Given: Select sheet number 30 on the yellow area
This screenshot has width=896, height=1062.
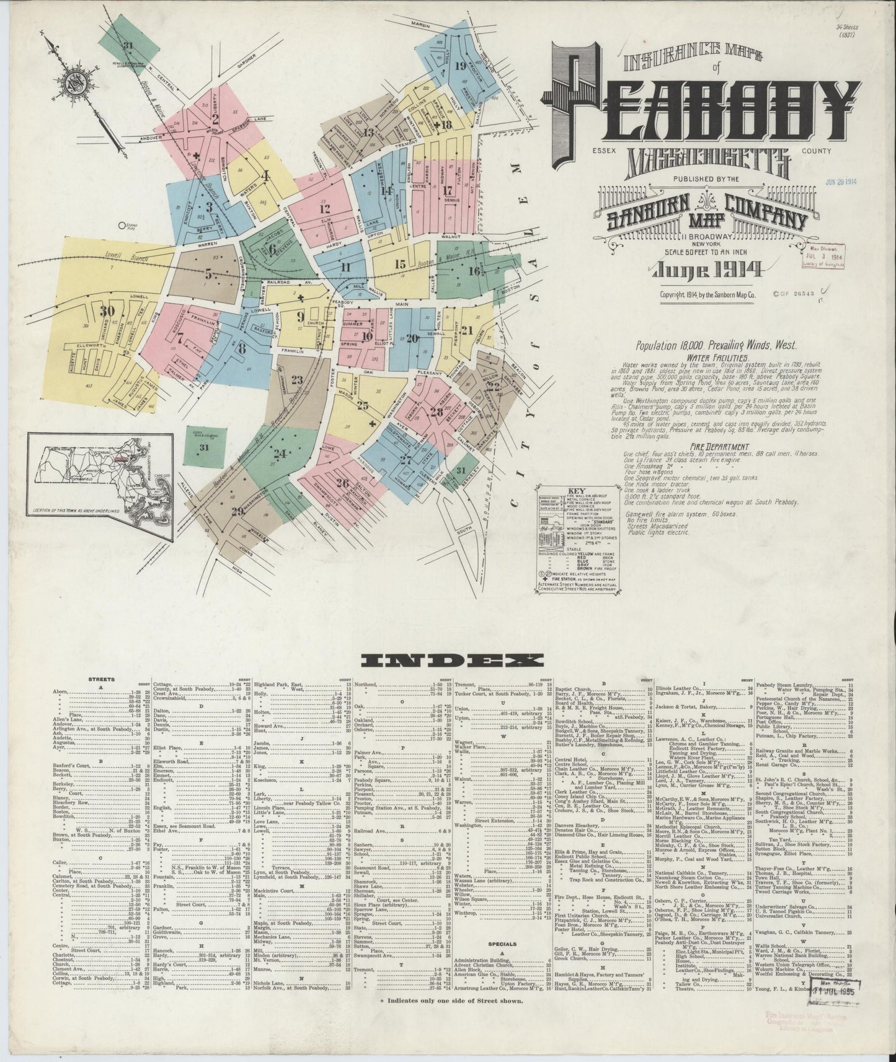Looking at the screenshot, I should [110, 311].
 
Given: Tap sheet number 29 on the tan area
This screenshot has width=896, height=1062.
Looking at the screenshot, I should [237, 511].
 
